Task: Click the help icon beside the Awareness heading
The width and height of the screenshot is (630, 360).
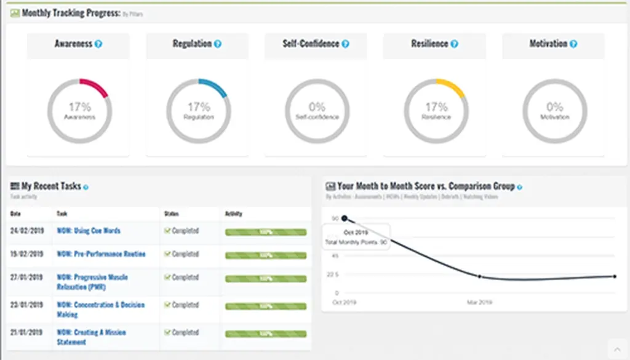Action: coord(98,44)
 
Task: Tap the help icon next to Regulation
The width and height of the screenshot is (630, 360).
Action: coord(217,44)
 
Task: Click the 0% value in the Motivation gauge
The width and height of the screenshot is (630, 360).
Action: coord(555,106)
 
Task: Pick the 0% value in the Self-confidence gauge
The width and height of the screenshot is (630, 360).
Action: coord(317,106)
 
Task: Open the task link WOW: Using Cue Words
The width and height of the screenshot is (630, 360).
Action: coord(89,231)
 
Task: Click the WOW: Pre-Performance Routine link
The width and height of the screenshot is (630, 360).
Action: coord(101,254)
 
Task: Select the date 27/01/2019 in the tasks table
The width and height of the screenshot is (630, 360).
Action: coord(27,278)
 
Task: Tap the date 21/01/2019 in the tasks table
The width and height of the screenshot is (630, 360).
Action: coord(27,332)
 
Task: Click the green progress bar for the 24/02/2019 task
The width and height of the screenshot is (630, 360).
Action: coord(266,232)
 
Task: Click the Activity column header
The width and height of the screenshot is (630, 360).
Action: coord(234,214)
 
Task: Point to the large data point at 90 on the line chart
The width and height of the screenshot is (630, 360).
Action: coord(345,218)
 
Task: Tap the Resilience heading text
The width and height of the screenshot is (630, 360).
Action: coord(429,44)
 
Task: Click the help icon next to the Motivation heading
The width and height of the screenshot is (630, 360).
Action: coord(573,44)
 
